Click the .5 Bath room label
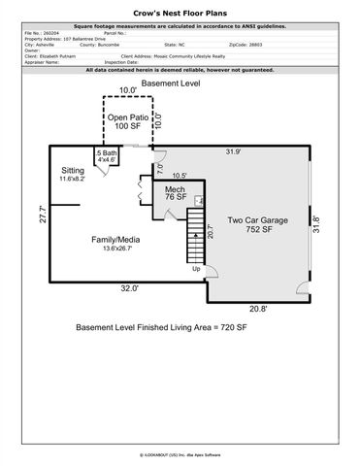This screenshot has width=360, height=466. coord(108,158)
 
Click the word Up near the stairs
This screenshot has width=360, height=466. coord(196,269)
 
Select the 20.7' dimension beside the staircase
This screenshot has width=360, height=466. coord(210,231)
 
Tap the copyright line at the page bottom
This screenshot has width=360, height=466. coord(180,452)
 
